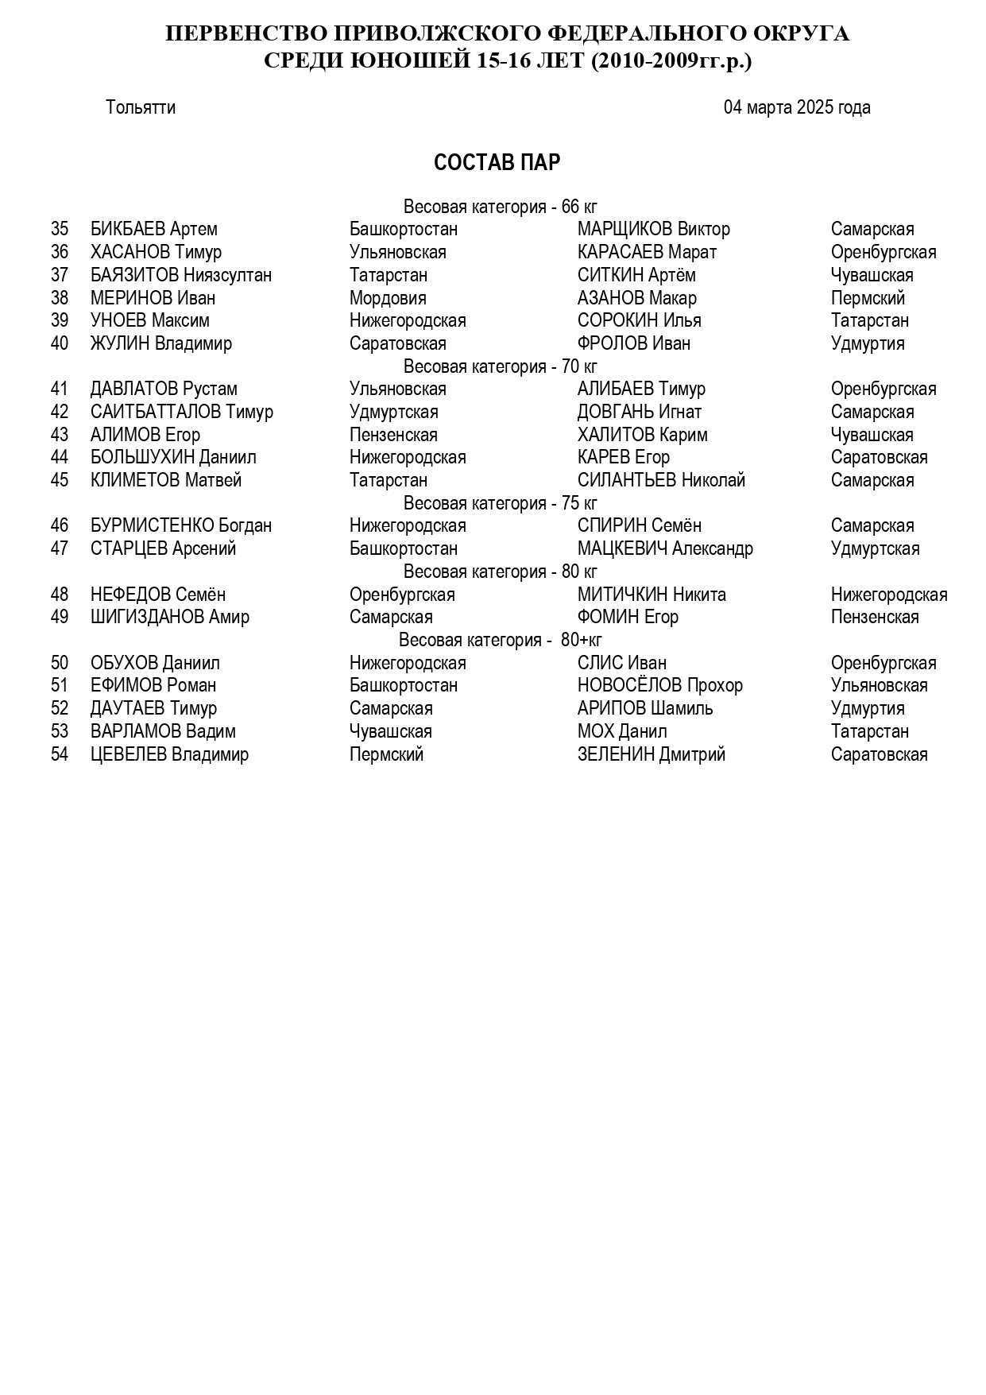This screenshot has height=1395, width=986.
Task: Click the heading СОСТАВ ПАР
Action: [497, 162]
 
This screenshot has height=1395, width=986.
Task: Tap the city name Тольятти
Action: [141, 107]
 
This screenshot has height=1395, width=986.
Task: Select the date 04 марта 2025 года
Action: [796, 107]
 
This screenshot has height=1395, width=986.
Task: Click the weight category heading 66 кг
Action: [500, 207]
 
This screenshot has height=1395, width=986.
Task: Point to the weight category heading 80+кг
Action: [500, 640]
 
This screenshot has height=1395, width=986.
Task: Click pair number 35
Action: [60, 230]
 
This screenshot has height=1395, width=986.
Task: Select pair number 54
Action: [60, 754]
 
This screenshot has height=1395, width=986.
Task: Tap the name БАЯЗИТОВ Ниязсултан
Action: [180, 275]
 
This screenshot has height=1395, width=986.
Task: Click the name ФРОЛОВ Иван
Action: [633, 343]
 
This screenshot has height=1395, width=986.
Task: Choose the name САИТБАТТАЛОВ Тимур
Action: [181, 412]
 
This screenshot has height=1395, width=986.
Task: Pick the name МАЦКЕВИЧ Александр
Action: [664, 548]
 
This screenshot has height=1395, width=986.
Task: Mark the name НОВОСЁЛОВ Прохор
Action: [659, 685]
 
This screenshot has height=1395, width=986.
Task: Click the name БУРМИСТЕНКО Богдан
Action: [180, 525]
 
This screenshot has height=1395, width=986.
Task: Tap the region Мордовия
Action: [388, 298]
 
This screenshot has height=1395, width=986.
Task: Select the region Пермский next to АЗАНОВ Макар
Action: [868, 298]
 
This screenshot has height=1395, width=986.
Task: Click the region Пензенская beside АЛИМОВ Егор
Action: [393, 435]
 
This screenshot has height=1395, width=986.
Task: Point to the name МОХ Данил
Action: [621, 731]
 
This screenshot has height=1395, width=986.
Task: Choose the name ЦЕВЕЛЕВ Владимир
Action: [169, 754]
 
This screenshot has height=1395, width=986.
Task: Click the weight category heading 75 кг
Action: [500, 503]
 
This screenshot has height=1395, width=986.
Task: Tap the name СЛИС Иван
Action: [621, 663]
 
